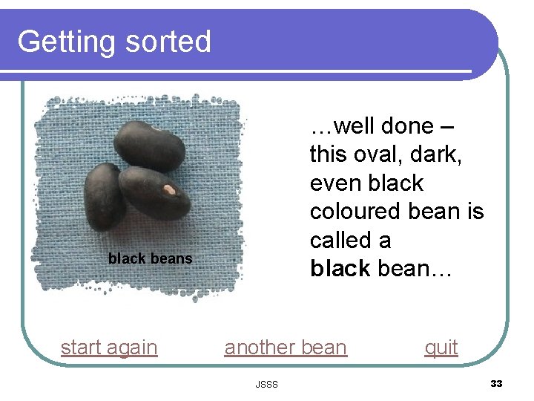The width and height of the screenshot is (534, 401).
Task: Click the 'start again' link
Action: [x=109, y=348]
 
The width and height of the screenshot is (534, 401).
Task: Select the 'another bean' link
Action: [x=286, y=348]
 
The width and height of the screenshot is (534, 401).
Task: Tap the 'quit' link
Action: [x=441, y=348]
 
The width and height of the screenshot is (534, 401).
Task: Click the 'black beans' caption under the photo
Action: [x=150, y=258]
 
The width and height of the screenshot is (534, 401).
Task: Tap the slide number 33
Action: [x=496, y=383]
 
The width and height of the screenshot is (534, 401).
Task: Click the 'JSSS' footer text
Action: [x=266, y=384]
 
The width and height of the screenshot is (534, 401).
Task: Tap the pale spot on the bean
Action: [x=169, y=190]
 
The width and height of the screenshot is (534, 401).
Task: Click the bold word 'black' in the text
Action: [x=340, y=268]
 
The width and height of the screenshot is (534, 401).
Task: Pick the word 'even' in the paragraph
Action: [x=339, y=183]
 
